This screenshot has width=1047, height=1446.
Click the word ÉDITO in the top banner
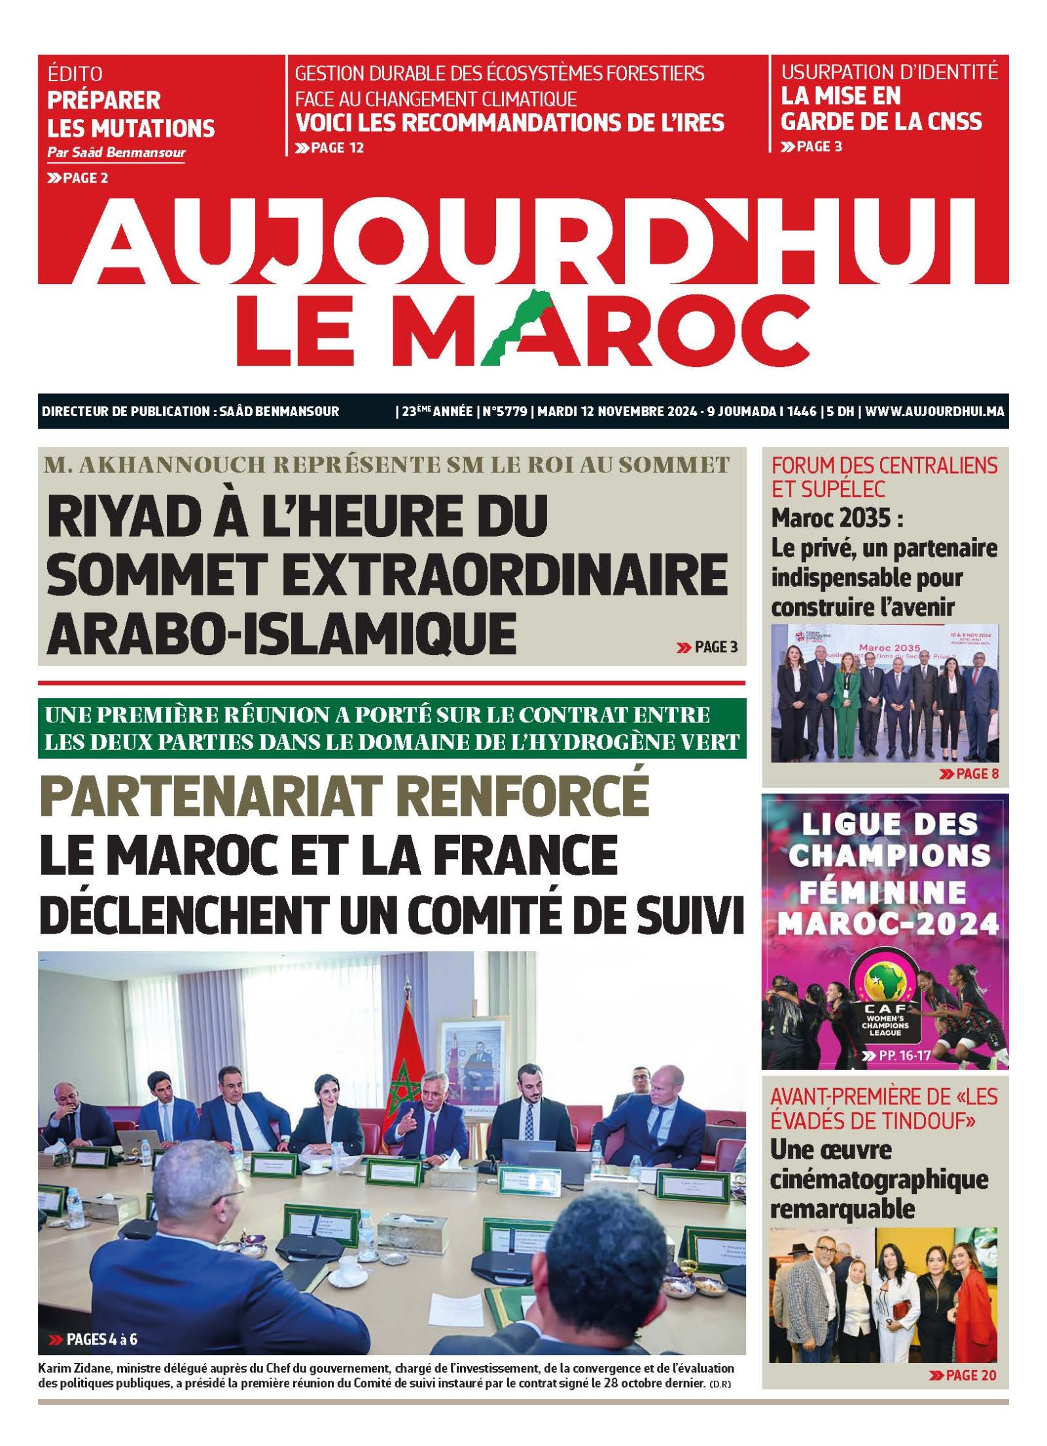tap(75, 74)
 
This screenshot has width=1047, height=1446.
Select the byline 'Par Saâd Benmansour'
tap(116, 153)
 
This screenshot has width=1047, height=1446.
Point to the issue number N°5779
tap(505, 412)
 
